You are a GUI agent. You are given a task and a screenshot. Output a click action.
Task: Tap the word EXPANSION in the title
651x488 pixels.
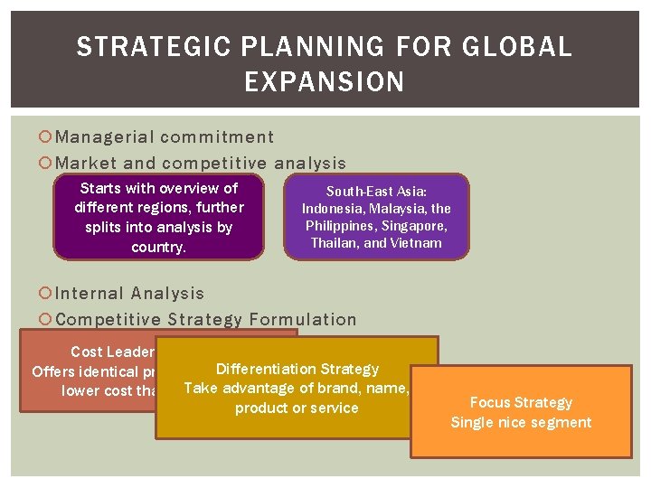point(325,82)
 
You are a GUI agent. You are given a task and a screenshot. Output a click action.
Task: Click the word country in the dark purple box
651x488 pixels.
point(157,247)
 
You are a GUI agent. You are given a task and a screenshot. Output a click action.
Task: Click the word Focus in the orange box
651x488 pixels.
point(490,403)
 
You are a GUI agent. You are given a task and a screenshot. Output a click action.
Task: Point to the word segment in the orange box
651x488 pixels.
point(563,422)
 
